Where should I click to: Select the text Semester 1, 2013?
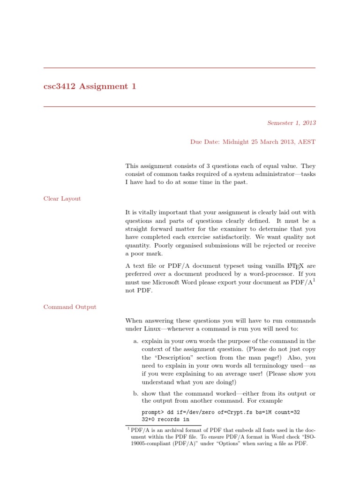pos(291,123)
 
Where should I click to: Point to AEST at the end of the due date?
pos(306,142)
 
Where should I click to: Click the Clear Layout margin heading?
pos(62,199)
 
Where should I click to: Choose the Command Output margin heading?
pos(70,307)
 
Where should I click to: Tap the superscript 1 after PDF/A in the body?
pos(314,280)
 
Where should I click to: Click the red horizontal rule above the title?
pos(180,68)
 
